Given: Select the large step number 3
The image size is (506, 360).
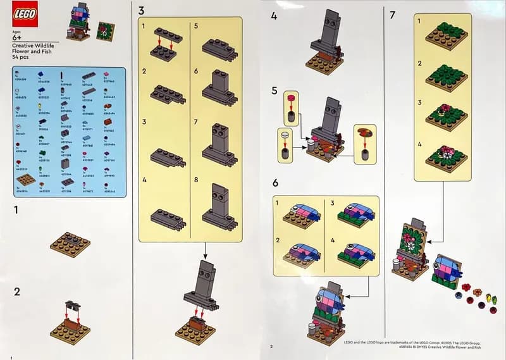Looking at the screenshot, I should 141,11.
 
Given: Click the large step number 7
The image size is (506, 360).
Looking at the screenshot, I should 393,14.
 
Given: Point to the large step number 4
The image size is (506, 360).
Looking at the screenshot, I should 274,15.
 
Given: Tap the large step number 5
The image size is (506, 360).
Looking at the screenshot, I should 275,90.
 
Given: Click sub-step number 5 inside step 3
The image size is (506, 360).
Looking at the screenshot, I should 198,27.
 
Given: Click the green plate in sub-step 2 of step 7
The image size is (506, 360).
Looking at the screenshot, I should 447,76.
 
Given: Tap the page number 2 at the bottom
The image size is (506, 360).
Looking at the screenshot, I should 271,346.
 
